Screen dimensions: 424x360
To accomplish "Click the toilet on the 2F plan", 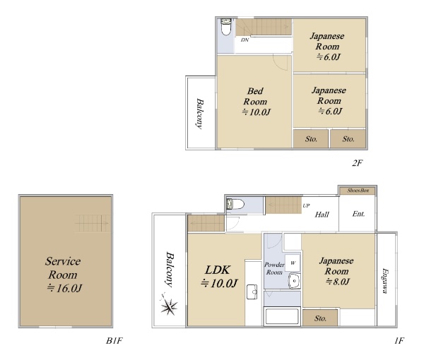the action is pos(226,27).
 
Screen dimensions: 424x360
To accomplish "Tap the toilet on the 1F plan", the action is pos(235,204).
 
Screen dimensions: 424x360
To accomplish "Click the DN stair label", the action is pos(245,40).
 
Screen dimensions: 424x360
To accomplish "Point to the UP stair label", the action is pos(306,206).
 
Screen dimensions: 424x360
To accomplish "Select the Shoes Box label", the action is pos(358,191).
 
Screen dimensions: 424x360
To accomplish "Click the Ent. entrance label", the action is pos(358,214).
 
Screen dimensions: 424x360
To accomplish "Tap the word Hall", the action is pos(322,215).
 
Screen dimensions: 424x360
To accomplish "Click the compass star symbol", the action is pos(168,305).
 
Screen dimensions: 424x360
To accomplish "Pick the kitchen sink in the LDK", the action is pos(252,292).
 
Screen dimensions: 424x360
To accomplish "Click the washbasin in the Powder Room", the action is pos(294,281).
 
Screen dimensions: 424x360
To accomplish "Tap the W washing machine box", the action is pos(293,263).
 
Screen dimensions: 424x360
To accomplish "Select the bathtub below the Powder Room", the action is pos(282,316).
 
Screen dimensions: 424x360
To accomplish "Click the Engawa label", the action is pos(384,281).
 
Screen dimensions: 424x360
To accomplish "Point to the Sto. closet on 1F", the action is pos(320,318).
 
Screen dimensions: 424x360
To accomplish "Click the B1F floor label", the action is pos(114,341).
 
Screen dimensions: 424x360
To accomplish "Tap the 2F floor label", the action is pos(357,163).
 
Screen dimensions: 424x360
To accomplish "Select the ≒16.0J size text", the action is pos(64,288).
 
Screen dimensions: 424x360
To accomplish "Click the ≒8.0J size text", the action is pos(338,282).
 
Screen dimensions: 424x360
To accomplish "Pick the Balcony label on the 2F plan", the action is pos(200,114).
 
